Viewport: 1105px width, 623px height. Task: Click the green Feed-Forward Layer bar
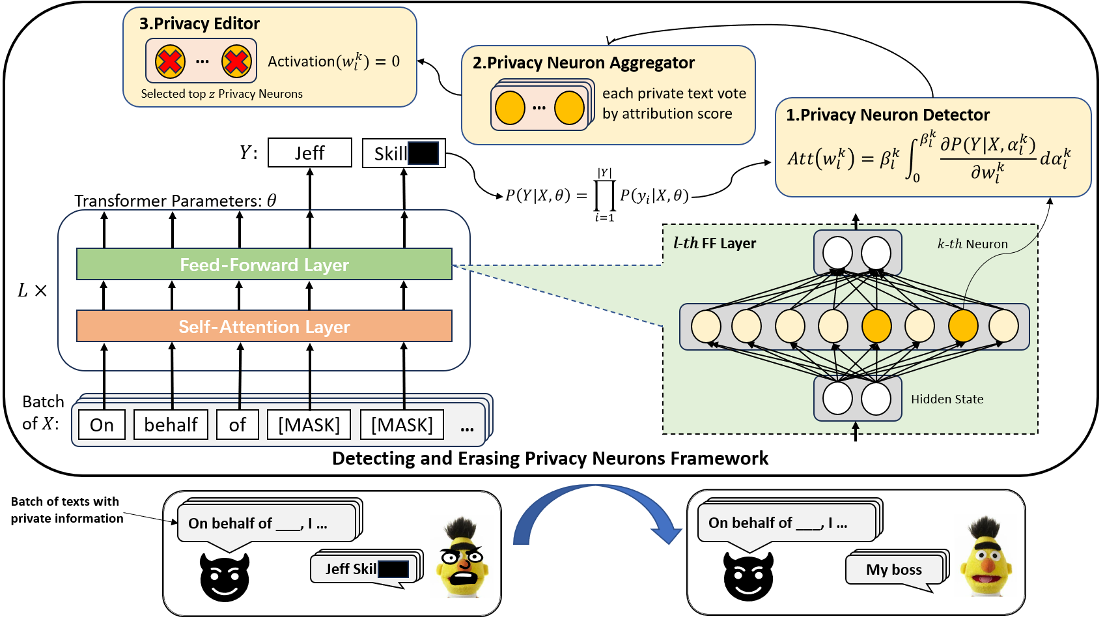pyautogui.click(x=264, y=264)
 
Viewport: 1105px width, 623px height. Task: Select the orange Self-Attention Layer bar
pyautogui.click(x=264, y=326)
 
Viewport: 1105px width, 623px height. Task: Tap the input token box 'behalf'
pyautogui.click(x=171, y=424)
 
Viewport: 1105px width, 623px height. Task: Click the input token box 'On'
pyautogui.click(x=102, y=424)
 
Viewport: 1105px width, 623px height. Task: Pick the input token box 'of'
pyautogui.click(x=237, y=424)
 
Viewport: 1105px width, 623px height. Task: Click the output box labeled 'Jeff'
pyautogui.click(x=310, y=152)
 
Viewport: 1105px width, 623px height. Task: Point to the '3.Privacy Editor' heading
pyautogui.click(x=199, y=23)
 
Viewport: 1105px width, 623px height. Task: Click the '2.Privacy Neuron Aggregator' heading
pyautogui.click(x=583, y=63)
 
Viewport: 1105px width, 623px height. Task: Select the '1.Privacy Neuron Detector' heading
pyautogui.click(x=888, y=115)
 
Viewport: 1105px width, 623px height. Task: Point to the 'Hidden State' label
pyautogui.click(x=947, y=399)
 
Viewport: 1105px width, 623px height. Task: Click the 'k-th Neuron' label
pyautogui.click(x=972, y=244)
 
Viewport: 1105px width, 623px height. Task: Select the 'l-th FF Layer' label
pyautogui.click(x=715, y=243)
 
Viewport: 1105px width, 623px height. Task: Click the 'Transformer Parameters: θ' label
pyautogui.click(x=175, y=201)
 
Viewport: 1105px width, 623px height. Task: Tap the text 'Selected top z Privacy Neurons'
pyautogui.click(x=221, y=94)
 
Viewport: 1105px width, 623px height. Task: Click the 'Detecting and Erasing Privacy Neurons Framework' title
pyautogui.click(x=550, y=458)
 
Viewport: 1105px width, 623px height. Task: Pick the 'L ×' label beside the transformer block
pyautogui.click(x=33, y=290)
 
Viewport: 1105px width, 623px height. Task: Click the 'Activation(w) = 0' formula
pyautogui.click(x=333, y=62)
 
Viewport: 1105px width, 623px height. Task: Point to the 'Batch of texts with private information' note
pyautogui.click(x=67, y=510)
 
